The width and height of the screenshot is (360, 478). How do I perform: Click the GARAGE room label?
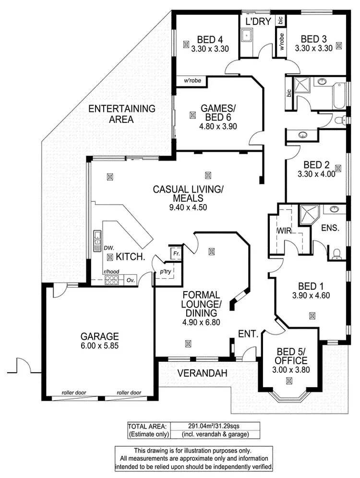tap(99, 336)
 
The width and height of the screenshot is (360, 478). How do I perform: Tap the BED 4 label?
tap(209, 39)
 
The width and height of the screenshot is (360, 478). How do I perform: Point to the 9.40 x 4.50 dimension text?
tap(188, 207)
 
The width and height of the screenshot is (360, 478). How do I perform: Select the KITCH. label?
tap(131, 257)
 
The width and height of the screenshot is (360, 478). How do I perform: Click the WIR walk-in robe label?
tap(281, 231)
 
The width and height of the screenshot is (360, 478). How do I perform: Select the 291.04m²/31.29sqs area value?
tap(215, 426)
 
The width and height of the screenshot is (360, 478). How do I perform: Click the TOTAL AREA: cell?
tap(148, 426)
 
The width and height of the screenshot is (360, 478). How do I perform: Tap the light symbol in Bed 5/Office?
tap(288, 381)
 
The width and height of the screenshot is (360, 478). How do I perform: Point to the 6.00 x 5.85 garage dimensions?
tap(99, 345)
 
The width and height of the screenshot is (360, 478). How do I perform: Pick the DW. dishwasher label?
tap(108, 248)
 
